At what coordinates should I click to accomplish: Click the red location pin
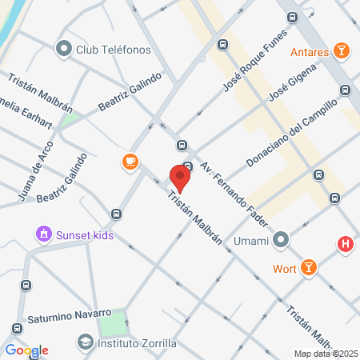181,177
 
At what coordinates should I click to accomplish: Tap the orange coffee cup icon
130,162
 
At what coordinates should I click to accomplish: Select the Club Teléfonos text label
114,50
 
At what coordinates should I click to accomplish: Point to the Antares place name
310,53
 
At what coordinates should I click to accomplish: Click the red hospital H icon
346,245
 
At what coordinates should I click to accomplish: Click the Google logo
26,350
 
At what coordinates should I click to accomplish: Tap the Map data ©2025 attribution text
324,354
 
